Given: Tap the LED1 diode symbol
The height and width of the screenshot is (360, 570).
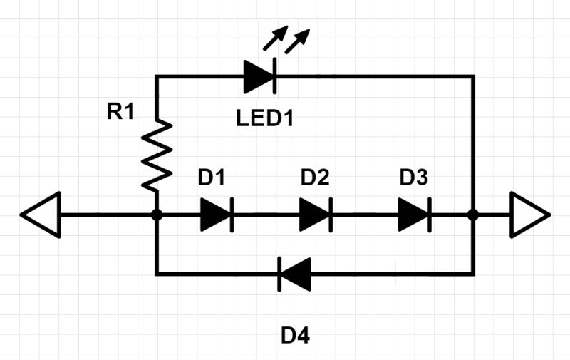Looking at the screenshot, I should click(259, 76).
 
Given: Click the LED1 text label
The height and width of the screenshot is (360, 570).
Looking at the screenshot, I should click(265, 118).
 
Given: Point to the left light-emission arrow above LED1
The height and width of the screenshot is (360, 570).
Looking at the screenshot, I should click(274, 39).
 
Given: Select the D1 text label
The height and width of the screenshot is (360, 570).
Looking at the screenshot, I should click(212, 178).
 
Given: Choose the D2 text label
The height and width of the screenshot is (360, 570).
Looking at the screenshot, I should click(315, 178).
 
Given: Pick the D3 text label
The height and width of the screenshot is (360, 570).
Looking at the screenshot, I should click(413, 178).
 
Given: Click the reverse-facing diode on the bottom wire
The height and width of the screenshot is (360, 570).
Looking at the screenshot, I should click(294, 274).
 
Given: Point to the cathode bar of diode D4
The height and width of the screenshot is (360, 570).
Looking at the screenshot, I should click(279, 274).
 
